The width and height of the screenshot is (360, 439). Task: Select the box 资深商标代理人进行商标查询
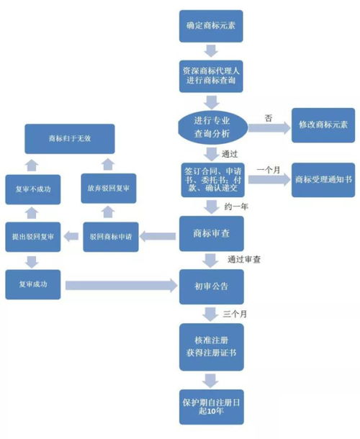[x=210, y=76]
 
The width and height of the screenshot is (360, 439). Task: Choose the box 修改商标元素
[x=321, y=125]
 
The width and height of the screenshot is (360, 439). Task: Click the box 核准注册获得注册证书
[x=210, y=348]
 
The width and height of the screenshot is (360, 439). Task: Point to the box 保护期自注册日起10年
[x=210, y=404]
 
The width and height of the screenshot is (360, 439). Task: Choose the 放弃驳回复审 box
[x=108, y=189]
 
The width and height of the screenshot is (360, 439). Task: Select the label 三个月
[x=235, y=314]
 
